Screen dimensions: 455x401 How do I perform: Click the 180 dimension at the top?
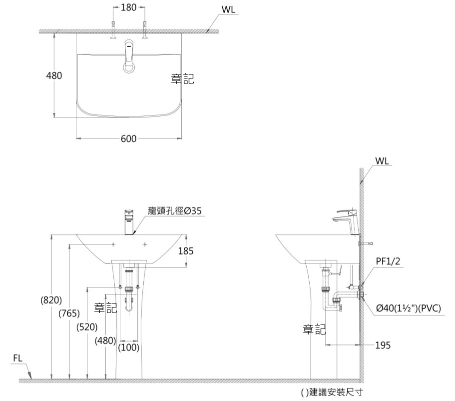tap(128, 7)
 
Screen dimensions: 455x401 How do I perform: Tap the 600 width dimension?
tap(128, 138)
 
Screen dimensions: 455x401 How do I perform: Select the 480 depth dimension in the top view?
tap(54, 75)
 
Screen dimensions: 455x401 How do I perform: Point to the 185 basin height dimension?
tap(186, 251)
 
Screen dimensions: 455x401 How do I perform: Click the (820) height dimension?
tap(51, 300)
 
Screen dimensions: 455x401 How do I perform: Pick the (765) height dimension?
tap(69, 313)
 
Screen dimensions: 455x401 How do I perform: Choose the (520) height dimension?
tap(87, 327)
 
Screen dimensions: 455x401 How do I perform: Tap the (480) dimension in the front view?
tap(105, 340)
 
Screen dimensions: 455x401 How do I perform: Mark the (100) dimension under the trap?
tap(128, 347)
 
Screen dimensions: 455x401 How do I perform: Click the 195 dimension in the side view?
tap(383, 345)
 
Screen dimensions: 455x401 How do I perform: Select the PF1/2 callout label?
tap(388, 261)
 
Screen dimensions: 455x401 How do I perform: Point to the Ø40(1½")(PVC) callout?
tap(409, 308)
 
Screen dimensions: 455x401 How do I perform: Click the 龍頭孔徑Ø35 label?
tap(174, 210)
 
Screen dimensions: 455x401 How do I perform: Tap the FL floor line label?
tap(17, 358)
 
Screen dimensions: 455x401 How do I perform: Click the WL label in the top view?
tap(228, 9)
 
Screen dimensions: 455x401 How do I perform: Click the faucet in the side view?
tap(347, 221)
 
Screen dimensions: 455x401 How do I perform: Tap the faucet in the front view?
tap(129, 222)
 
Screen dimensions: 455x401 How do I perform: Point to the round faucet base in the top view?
tap(129, 68)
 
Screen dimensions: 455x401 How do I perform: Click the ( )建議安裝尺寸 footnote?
tap(332, 392)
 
